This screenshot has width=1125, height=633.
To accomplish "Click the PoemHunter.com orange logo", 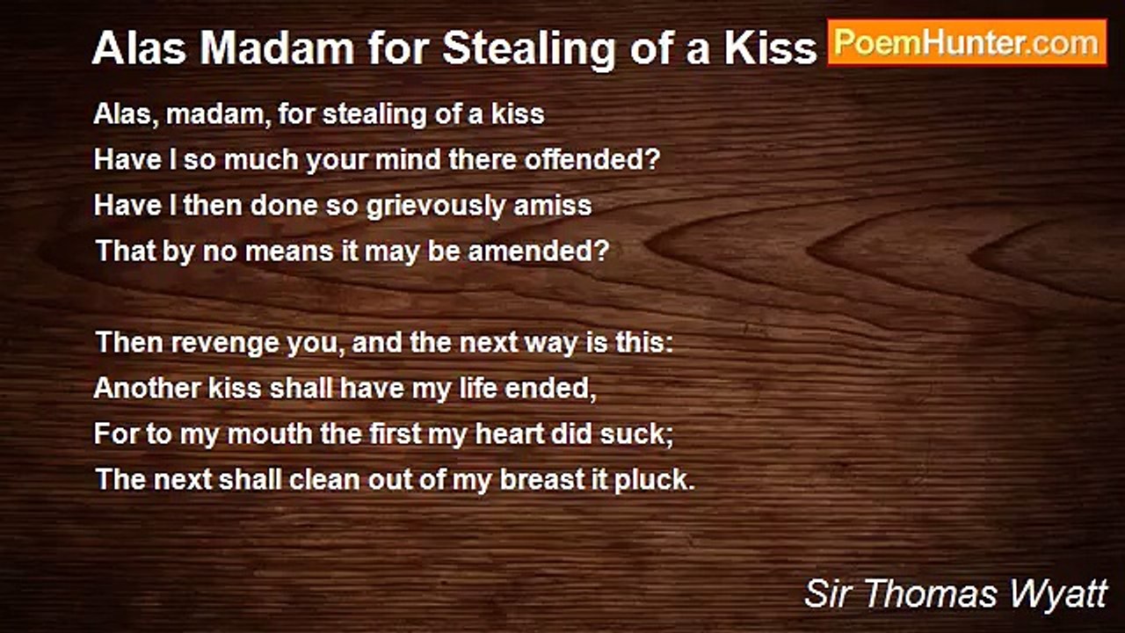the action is pos(968,43).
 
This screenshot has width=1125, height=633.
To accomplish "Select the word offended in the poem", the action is pos(592,160).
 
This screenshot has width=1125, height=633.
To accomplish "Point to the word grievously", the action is pos(435,207).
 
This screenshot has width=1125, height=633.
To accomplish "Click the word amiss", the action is pos(553,206).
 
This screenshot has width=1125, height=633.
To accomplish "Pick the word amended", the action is pos(539,251).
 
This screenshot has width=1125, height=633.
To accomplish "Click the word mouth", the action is pos(270,433).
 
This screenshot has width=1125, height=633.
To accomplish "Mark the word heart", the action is pos(510,433).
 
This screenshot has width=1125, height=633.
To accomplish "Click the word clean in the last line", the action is pos(324,479).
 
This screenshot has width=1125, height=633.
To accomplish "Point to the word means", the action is pos(289,251).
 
